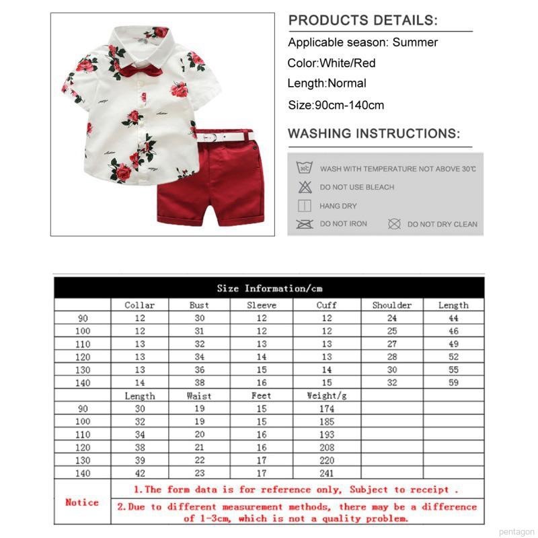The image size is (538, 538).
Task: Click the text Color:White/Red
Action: (332, 63)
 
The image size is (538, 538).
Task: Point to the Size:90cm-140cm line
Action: (336, 105)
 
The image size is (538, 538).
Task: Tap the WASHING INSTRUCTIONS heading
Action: (374, 133)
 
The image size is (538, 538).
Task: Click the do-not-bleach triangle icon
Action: (305, 187)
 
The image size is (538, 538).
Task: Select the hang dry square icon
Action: (305, 206)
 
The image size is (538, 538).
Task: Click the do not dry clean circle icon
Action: (394, 224)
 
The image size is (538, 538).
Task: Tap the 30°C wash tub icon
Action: (305, 168)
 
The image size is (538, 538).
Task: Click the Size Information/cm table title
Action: (269, 289)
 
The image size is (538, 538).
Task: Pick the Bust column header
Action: (199, 305)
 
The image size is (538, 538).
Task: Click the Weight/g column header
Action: (326, 396)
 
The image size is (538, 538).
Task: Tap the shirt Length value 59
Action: (453, 382)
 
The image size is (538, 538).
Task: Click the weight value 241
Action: (326, 472)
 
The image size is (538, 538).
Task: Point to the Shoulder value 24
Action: (392, 318)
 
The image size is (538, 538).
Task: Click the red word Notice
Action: (82, 502)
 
